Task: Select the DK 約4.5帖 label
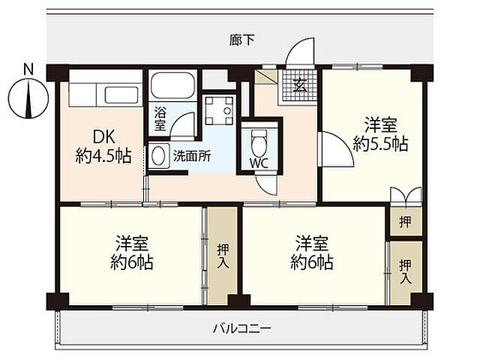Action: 103,147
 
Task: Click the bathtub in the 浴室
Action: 172,87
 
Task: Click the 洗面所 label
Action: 191,157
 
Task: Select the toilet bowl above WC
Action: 259,139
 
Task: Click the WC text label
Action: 259,161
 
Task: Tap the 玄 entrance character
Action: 299,85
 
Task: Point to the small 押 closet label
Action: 405,222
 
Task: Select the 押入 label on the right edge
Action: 406,271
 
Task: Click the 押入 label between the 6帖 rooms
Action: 223,256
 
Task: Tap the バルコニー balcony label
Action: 241,328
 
